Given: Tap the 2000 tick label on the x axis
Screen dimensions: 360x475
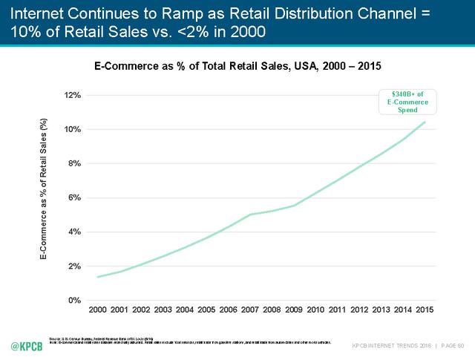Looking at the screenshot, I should tap(99, 309).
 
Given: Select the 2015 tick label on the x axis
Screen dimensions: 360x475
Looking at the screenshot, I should tap(425, 309).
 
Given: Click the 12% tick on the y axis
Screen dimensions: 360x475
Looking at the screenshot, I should tap(71, 95).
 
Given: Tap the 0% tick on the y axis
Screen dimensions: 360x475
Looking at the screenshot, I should tap(73, 301).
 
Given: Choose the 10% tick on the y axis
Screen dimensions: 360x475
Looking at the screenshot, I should tap(71, 129).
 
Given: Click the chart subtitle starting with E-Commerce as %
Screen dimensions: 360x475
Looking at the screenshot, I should tap(237, 66).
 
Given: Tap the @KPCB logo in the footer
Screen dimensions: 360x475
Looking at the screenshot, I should tap(25, 346).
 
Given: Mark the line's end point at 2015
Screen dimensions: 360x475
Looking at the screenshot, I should tap(425, 122).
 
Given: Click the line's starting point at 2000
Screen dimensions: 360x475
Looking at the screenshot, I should tap(99, 277).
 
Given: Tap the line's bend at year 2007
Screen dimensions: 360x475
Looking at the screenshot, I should tap(251, 215).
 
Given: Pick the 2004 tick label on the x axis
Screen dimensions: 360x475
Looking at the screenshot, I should tap(186, 309).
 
